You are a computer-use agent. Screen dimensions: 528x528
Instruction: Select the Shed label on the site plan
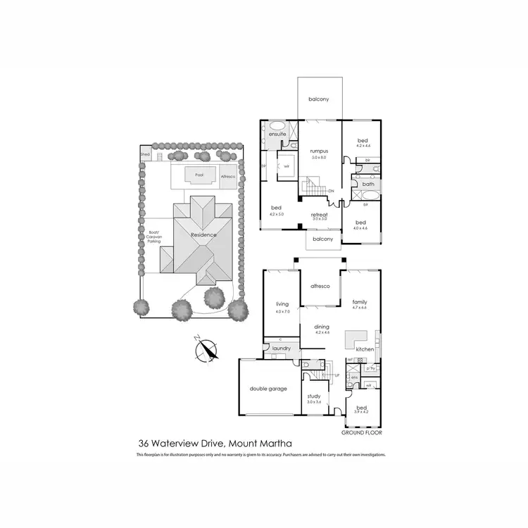point(145,153)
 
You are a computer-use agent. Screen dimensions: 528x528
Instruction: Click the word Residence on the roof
point(204,234)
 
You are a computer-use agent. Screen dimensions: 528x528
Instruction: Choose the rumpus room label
point(320,149)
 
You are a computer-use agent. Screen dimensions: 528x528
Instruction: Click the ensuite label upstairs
point(277,134)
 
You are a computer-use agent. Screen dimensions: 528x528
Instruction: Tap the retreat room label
point(320,215)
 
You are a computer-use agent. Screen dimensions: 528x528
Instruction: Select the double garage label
point(268,389)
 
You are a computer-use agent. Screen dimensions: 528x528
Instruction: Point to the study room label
point(314,396)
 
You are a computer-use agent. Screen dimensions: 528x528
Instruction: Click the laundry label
point(282,348)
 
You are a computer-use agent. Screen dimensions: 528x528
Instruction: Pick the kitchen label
point(364,349)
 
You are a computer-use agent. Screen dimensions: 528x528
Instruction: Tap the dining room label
point(321,327)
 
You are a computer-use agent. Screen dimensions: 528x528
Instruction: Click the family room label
point(360,303)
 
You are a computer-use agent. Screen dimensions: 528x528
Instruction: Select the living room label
point(282,304)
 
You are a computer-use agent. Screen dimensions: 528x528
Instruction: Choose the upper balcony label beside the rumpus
point(319,99)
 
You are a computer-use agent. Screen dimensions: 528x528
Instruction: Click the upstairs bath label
point(367,184)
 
